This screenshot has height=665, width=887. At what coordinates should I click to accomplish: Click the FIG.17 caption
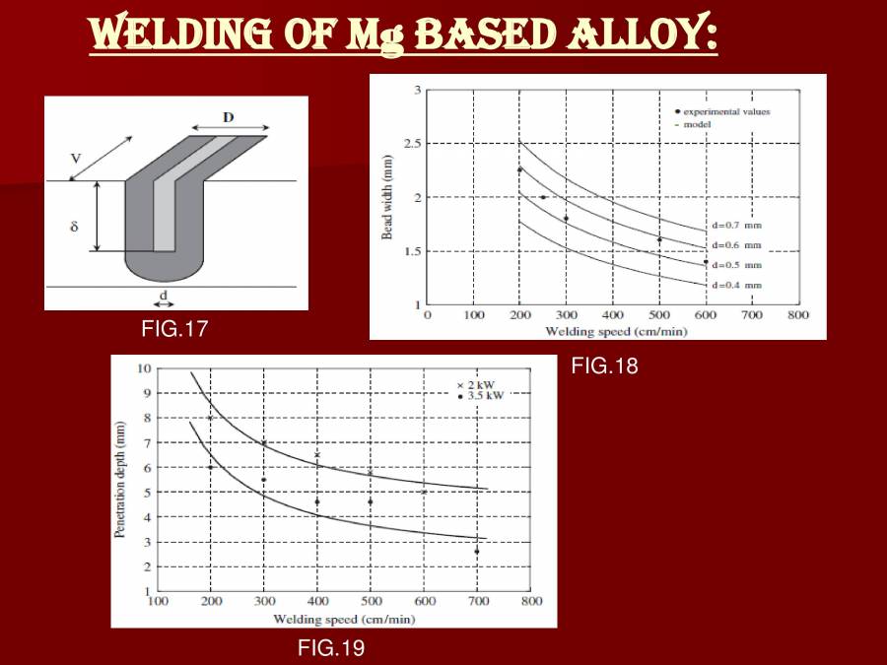pyautogui.click(x=174, y=328)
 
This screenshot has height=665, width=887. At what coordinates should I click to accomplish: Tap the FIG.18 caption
pyautogui.click(x=605, y=366)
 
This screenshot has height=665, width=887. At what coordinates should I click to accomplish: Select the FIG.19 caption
pyautogui.click(x=331, y=647)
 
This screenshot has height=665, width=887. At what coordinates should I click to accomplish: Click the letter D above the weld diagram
pyautogui.click(x=229, y=117)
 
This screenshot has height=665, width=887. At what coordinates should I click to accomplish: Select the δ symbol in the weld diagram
pyautogui.click(x=74, y=227)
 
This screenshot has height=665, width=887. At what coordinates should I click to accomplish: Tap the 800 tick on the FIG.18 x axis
pyautogui.click(x=798, y=316)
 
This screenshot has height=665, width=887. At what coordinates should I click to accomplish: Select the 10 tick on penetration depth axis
pyautogui.click(x=144, y=368)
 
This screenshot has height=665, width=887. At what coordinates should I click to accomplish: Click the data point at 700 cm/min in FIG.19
pyautogui.click(x=476, y=552)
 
